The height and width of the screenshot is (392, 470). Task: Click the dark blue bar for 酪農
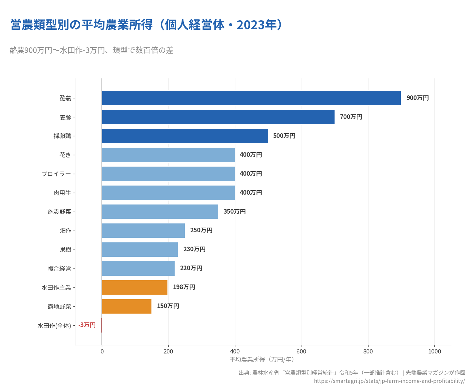point(251,98)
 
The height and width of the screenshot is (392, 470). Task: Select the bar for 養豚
point(218,117)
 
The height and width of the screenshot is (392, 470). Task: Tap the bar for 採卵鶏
point(185,136)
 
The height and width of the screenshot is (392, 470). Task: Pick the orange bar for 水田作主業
point(134,287)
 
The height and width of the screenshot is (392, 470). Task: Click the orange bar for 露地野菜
point(127,306)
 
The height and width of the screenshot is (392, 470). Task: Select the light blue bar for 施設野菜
point(160,212)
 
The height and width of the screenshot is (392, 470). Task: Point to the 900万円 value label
point(417,98)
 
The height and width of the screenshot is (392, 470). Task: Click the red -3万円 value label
point(87,325)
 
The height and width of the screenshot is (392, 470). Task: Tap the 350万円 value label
point(234,212)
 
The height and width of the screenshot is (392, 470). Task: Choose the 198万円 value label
point(184,287)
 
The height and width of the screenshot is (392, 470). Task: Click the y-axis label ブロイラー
point(56,174)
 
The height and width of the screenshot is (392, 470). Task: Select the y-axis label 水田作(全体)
point(54,326)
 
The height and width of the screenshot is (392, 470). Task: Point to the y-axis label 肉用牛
point(62,193)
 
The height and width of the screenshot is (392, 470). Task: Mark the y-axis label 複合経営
point(59,269)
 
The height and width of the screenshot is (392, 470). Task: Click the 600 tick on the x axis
point(301,351)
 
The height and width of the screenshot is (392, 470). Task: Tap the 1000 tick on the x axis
point(434,351)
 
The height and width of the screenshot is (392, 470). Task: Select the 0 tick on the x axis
point(102,351)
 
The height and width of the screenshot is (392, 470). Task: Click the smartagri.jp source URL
point(389,381)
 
